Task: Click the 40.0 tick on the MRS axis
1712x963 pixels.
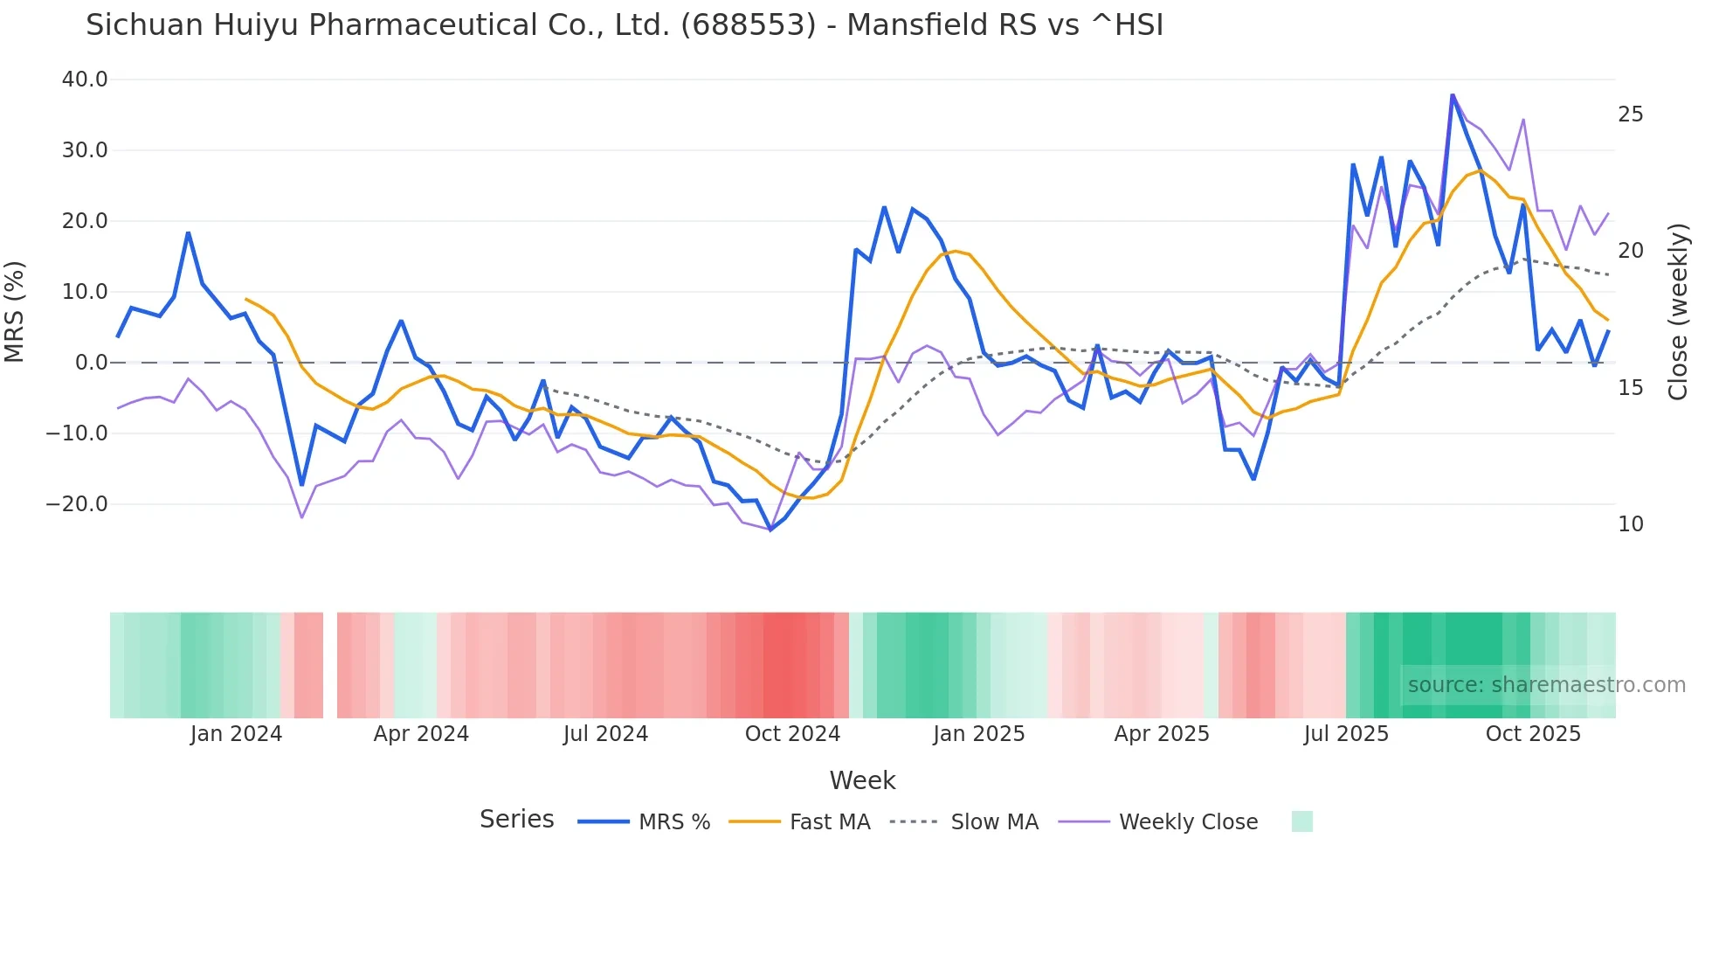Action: click(x=85, y=80)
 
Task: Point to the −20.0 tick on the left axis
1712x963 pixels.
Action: click(x=77, y=504)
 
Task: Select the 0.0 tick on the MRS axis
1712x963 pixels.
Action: click(x=92, y=363)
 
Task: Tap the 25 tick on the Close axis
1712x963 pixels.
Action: click(x=1631, y=114)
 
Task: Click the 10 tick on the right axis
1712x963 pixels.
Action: click(x=1631, y=524)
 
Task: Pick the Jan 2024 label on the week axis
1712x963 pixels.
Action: click(x=236, y=734)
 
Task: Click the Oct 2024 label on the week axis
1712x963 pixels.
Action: click(x=792, y=734)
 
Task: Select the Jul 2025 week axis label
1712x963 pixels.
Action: click(x=1346, y=734)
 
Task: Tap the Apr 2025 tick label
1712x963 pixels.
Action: click(x=1162, y=734)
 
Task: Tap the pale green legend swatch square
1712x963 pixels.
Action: click(x=1301, y=821)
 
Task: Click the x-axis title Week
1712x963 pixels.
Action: click(x=862, y=780)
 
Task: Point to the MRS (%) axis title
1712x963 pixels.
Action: click(x=15, y=311)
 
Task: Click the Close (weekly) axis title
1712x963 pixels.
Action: click(x=1678, y=311)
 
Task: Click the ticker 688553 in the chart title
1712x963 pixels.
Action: click(x=748, y=25)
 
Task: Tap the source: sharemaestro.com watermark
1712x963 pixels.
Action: click(x=1546, y=685)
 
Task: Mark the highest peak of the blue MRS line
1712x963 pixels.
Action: click(x=1453, y=95)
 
